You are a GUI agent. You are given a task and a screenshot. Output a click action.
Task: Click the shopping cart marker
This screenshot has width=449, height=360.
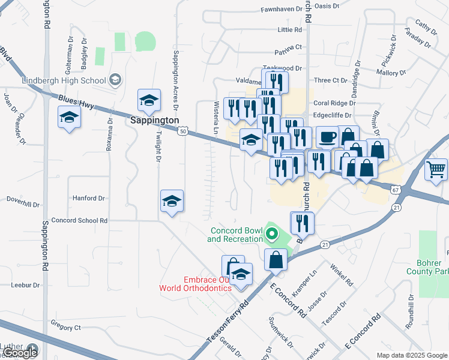point(436,169)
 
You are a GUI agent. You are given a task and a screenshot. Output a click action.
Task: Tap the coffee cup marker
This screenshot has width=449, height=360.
point(327,137)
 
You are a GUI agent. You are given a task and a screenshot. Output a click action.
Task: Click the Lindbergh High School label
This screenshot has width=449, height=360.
point(64,80)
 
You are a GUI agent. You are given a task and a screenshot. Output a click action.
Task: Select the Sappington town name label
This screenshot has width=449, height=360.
point(155,120)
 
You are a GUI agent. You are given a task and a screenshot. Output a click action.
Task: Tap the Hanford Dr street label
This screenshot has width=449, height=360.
point(88,197)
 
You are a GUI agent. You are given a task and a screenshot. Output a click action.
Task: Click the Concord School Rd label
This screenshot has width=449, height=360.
point(79,220)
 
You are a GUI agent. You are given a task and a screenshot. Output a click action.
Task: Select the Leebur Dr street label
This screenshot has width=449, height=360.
point(25,284)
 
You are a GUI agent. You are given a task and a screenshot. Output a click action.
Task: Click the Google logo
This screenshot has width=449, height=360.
point(20,353)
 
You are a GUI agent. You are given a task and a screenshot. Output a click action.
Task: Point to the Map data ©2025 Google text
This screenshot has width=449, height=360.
point(412,355)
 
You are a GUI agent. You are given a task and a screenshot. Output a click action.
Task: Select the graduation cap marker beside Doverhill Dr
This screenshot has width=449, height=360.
point(172,202)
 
